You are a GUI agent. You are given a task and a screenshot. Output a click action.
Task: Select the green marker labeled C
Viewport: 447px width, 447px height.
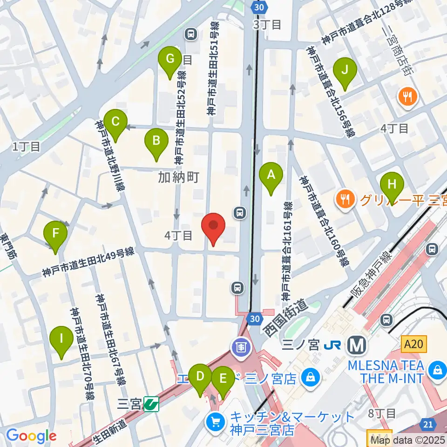tap(115, 122)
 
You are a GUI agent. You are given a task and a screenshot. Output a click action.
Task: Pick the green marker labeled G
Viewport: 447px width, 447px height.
tap(170, 60)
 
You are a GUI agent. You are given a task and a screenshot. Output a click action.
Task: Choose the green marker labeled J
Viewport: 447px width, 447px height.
tap(345, 70)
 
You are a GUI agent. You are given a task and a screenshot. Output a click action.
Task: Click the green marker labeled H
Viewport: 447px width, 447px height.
tap(392, 184)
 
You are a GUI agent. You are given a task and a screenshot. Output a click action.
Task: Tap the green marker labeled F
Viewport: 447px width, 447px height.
tap(55, 233)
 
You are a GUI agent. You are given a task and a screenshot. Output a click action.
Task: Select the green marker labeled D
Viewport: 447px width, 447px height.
tap(201, 376)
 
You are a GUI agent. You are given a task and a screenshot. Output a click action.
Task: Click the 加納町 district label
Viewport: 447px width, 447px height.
tap(178, 177)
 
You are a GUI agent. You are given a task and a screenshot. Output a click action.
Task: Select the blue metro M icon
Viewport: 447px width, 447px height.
tap(358, 345)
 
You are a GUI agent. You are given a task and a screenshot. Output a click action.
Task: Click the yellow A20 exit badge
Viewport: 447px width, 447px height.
tap(413, 344)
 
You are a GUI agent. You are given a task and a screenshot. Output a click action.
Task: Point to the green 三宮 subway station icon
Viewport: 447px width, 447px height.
tap(151, 403)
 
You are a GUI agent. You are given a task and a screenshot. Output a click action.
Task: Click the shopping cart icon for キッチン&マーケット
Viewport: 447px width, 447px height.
tap(215, 422)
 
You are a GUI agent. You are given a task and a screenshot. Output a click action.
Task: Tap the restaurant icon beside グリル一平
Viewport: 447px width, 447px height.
tap(345, 200)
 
